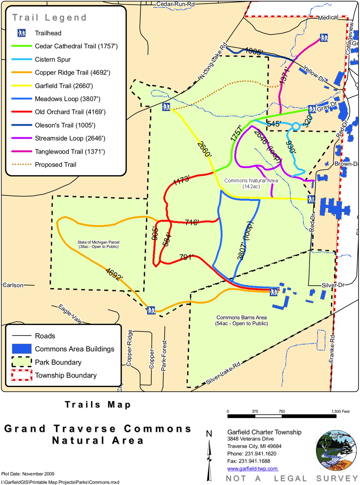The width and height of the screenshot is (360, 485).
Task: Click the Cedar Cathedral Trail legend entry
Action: click(76, 46)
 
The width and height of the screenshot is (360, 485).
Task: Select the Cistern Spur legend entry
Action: click(53, 59)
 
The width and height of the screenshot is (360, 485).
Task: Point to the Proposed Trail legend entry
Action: click(55, 165)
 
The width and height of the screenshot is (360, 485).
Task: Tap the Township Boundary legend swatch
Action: click(22, 375)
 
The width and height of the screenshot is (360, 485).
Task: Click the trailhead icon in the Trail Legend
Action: click(22, 33)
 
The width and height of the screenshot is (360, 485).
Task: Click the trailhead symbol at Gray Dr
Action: click(312, 109)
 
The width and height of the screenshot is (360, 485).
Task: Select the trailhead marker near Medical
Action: click(324, 38)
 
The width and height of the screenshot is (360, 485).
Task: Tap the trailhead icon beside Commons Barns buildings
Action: click(274, 292)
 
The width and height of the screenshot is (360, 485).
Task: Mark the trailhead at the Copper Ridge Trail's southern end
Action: click(151, 310)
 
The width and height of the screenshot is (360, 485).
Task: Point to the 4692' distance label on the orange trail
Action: click(114, 274)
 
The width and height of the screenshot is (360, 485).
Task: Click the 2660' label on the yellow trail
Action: click(204, 149)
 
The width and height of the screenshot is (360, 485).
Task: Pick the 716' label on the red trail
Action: click(192, 222)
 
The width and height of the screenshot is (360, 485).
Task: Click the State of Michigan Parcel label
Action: click(98, 244)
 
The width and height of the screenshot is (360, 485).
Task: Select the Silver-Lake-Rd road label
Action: click(223, 374)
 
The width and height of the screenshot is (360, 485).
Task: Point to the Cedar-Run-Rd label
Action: click(175, 4)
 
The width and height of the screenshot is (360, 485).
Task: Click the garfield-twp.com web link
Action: click(252, 468)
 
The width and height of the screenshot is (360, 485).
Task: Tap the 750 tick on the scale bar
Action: click(282, 411)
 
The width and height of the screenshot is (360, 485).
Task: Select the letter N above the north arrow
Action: click(209, 434)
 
